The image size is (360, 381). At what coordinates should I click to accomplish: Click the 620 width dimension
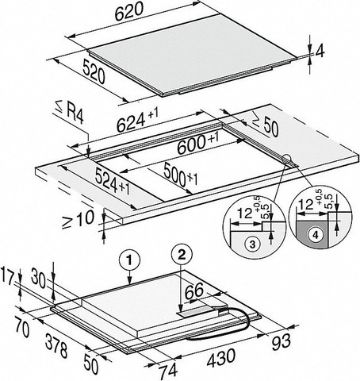[x=129, y=12]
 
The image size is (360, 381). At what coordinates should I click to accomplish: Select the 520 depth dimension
[x=94, y=71]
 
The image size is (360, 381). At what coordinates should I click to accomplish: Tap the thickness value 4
[x=320, y=52]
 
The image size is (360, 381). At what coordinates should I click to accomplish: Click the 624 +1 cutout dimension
[x=137, y=121]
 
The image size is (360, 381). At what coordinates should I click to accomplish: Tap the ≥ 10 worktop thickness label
[x=79, y=219]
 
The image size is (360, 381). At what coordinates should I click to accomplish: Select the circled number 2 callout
[x=182, y=254]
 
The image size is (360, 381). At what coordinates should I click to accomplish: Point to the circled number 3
[x=252, y=244]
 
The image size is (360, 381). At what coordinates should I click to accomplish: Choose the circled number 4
[x=316, y=235]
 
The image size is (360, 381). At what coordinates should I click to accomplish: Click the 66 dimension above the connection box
[x=193, y=291]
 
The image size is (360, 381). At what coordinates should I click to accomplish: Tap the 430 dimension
[x=220, y=358]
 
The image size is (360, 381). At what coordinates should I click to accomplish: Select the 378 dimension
[x=56, y=345]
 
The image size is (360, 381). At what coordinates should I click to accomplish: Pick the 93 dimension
[x=281, y=341]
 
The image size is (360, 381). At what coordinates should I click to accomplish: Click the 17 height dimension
[x=7, y=275]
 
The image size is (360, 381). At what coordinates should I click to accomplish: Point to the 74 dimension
[x=168, y=370]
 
